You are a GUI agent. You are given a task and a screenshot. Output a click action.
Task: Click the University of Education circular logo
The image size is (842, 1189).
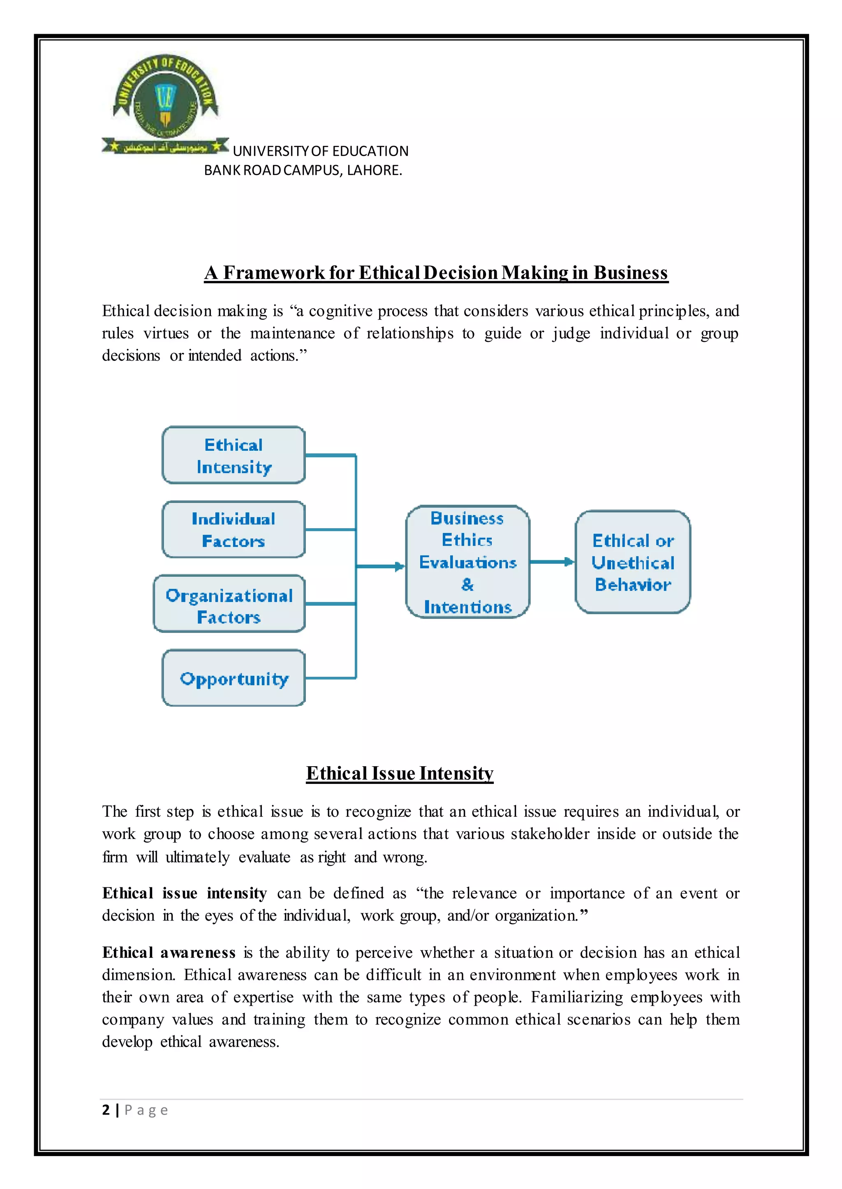coord(165,99)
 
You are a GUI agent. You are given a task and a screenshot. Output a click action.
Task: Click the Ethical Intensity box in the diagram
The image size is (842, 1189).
coord(233,455)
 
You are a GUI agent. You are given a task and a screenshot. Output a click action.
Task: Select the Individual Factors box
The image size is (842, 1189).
coord(233,530)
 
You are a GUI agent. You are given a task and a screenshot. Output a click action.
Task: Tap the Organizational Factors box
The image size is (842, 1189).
coord(229,604)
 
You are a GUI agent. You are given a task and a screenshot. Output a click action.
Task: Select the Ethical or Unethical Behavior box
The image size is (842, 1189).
coord(633,562)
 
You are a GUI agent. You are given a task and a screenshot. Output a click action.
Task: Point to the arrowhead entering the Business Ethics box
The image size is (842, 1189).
coord(399,567)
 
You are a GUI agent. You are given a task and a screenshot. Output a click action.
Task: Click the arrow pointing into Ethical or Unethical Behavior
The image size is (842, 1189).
coord(569,562)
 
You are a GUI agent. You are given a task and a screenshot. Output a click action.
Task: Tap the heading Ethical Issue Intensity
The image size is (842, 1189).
coord(399,774)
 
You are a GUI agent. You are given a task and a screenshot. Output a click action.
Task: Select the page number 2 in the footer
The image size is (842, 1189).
coord(106,1110)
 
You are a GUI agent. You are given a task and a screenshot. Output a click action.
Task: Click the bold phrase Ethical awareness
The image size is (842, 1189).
coord(169,952)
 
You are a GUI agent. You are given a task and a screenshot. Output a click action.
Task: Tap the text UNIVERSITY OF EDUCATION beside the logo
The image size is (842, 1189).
coord(320,151)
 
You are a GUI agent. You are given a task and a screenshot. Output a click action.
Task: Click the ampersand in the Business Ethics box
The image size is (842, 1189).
coord(467,585)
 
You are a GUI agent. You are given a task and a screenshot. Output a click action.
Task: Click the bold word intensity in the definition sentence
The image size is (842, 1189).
coord(236,893)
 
